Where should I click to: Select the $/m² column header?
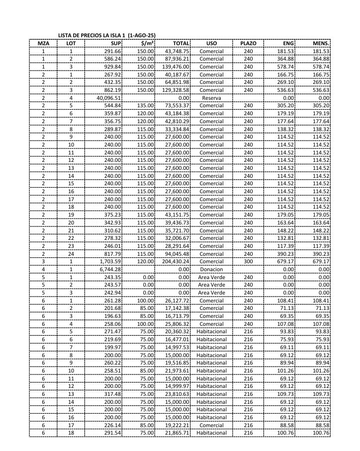(x=146, y=43)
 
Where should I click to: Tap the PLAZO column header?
(x=248, y=43)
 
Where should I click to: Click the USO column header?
(x=211, y=43)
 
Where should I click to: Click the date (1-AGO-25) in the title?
(x=142, y=35)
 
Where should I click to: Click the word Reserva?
(x=211, y=98)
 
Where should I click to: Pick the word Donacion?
(x=211, y=269)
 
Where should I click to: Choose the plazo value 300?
(x=248, y=261)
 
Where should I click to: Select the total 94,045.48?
(x=177, y=254)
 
